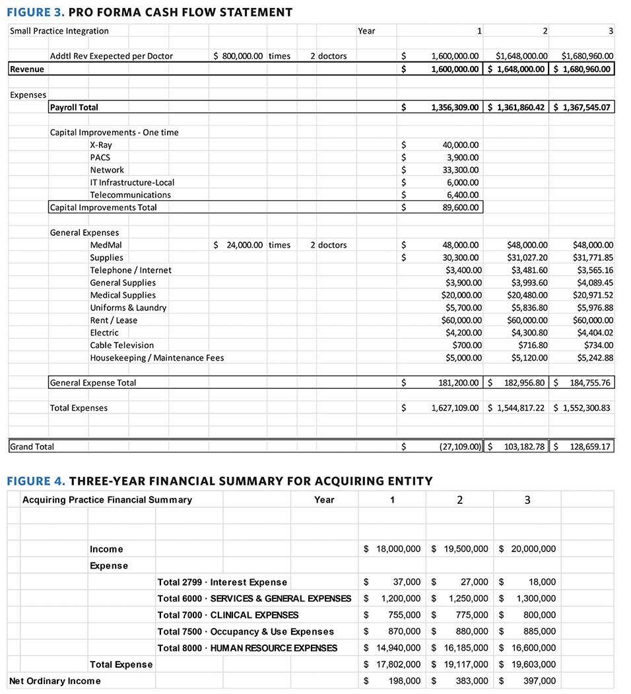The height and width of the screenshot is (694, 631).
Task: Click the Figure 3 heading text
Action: tap(150, 12)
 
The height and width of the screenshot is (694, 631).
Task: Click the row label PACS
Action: tap(100, 158)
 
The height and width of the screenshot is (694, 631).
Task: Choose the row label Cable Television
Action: tap(122, 345)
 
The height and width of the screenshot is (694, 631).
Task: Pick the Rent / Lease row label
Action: tap(114, 320)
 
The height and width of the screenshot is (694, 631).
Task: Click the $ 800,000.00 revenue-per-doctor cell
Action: tap(238, 57)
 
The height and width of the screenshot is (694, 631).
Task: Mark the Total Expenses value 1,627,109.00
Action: tap(455, 408)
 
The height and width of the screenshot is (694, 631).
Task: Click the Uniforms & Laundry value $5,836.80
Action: tap(526, 308)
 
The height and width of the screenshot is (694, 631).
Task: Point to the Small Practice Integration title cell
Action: tap(59, 31)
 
